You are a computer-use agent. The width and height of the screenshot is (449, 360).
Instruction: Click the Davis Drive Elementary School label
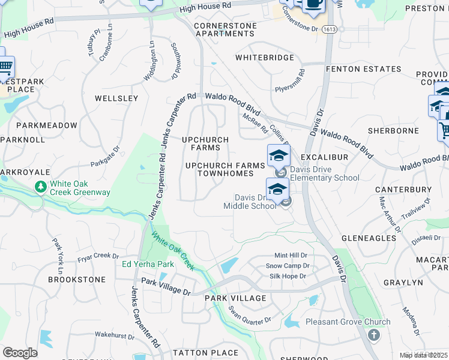pyautogui.click(x=325, y=173)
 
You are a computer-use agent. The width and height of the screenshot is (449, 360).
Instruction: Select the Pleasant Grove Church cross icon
pyautogui.click(x=373, y=335)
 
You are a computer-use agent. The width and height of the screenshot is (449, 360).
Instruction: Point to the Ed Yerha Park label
pyautogui.click(x=148, y=264)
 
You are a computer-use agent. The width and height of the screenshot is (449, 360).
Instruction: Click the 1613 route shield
pyautogui.click(x=329, y=28)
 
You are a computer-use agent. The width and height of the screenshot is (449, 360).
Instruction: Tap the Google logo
pyautogui.click(x=20, y=353)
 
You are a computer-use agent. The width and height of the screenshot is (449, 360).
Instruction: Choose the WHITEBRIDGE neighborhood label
pyautogui.click(x=265, y=58)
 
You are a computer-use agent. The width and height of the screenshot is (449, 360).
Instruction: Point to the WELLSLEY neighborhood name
pyautogui.click(x=116, y=98)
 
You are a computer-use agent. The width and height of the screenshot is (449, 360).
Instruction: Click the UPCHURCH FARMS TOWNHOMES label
pyautogui.click(x=225, y=169)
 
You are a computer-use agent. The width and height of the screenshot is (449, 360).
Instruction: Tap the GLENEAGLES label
pyautogui.click(x=369, y=238)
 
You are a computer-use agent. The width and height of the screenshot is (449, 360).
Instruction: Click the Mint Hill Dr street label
pyautogui.click(x=291, y=255)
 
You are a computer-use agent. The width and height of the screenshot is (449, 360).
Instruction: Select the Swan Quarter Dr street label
pyautogui.click(x=249, y=316)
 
